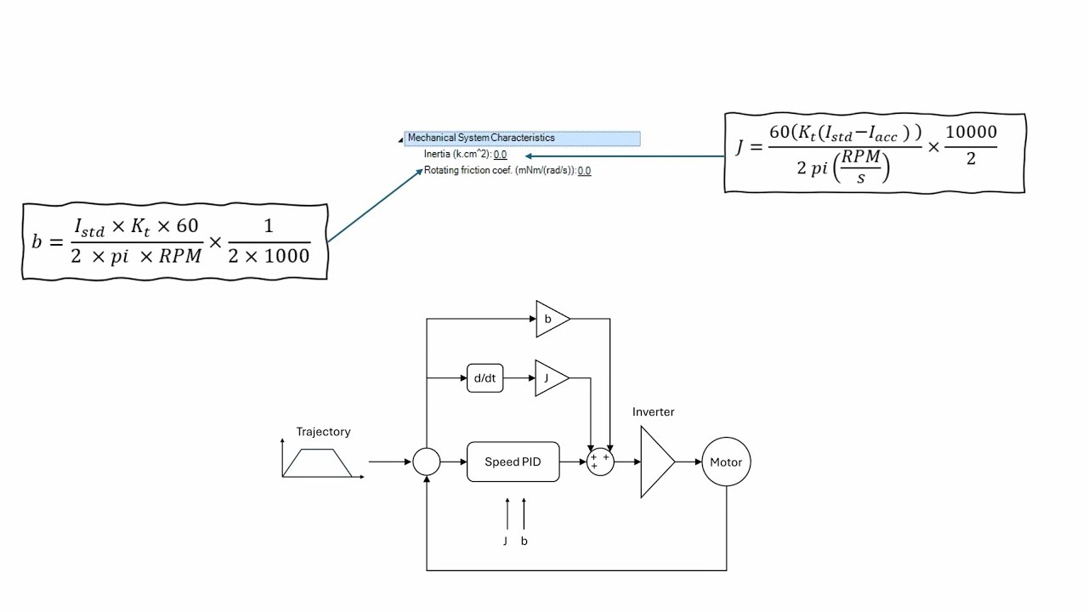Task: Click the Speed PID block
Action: pos(513,462)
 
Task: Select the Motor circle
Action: pos(726,462)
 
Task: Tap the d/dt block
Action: pos(484,378)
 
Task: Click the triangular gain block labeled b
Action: pos(550,320)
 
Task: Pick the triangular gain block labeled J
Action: pos(548,378)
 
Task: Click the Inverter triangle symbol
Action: pos(655,462)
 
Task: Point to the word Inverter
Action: pos(653,412)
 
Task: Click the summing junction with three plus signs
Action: pos(600,462)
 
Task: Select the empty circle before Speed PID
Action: pos(426,462)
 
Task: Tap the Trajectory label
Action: pos(323,432)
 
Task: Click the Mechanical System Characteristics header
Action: pos(481,138)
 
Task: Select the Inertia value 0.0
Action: pos(500,155)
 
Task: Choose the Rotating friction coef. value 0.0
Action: pos(584,171)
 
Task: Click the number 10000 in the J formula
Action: pos(971,133)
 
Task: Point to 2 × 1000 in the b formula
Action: pos(269,255)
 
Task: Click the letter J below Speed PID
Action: pos(505,541)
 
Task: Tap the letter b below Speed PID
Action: pos(524,541)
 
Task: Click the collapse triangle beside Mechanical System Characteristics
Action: pos(401,139)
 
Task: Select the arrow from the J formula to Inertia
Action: pos(625,156)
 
